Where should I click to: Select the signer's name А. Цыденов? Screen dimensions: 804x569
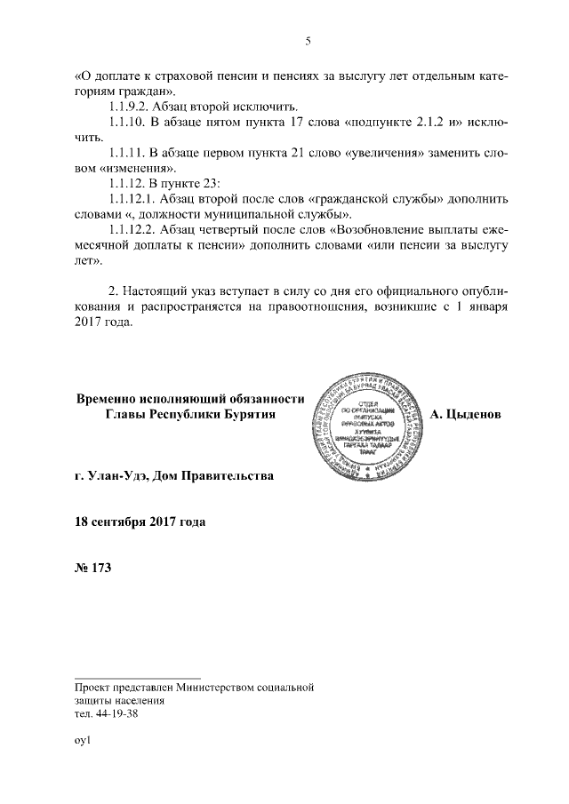coord(465,414)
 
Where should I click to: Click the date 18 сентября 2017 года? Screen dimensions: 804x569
coord(140,521)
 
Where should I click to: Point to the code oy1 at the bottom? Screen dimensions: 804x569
coord(84,739)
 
